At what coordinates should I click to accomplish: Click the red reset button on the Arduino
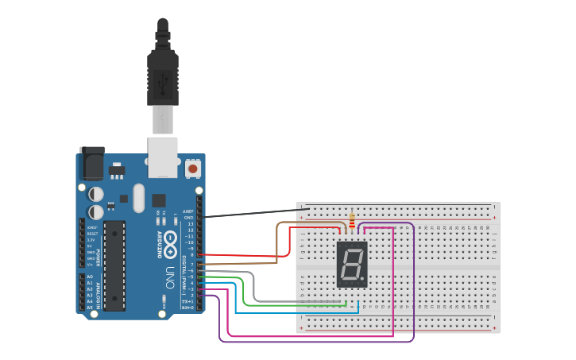coord(193,168)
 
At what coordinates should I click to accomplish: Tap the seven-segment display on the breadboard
coord(352,264)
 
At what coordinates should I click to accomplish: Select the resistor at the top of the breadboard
coord(352,220)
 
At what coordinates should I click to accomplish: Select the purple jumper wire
coord(318,342)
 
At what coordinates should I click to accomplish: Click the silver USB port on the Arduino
coord(163,157)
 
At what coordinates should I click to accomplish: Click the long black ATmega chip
coord(114,265)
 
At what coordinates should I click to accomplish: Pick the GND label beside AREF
coord(188,217)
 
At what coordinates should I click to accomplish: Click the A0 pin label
coord(89,277)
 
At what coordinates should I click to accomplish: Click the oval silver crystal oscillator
coord(139,198)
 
